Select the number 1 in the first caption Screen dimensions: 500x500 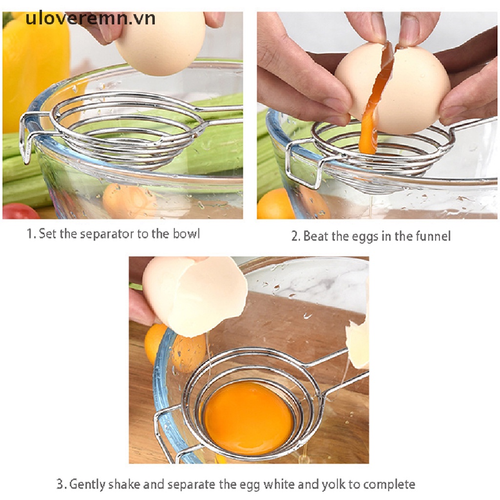(29, 233)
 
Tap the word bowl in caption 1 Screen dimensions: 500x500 (186, 233)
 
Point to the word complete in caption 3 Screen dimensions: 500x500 (389, 484)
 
